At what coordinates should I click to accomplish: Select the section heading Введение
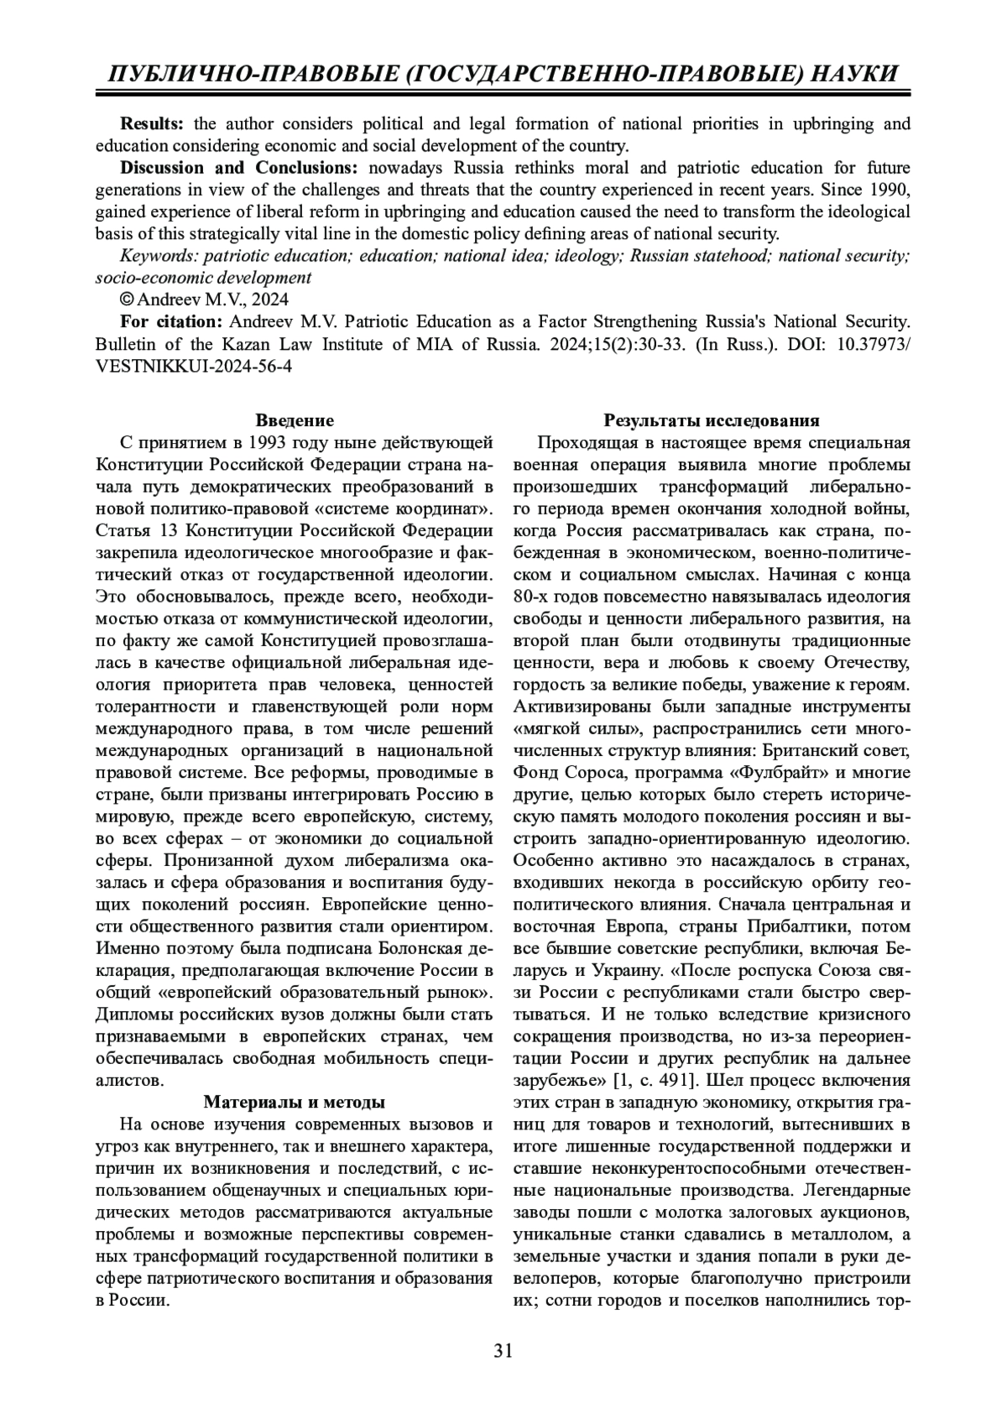pos(295,420)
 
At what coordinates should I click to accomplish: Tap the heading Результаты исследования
pos(712,420)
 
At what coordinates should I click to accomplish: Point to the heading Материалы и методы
pos(295,1102)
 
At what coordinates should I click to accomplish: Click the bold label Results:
pos(152,124)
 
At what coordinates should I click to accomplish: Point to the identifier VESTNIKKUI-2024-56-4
pos(194,366)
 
